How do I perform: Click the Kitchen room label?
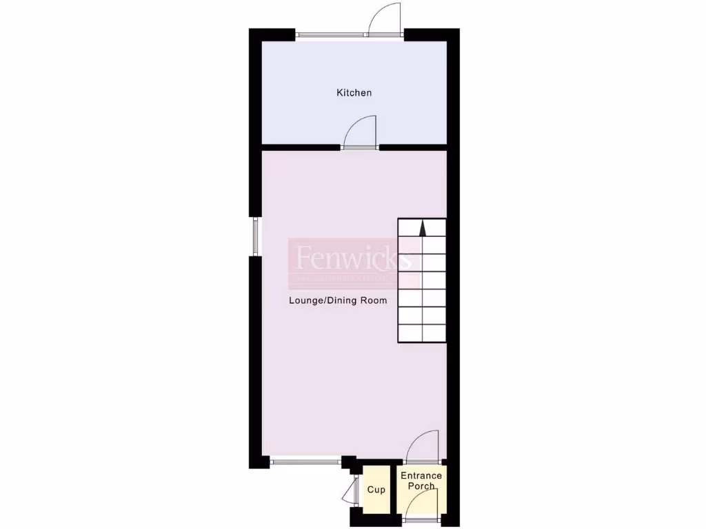[x=354, y=92]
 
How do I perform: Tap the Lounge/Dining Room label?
[x=338, y=300]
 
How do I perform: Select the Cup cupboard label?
[x=376, y=490]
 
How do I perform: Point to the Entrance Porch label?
[x=421, y=481]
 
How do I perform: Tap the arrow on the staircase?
[x=422, y=228]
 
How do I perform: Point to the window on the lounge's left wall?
[x=255, y=236]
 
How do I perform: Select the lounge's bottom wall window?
[x=305, y=462]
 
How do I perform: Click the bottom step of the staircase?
[x=422, y=333]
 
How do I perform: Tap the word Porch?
[x=421, y=486]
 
